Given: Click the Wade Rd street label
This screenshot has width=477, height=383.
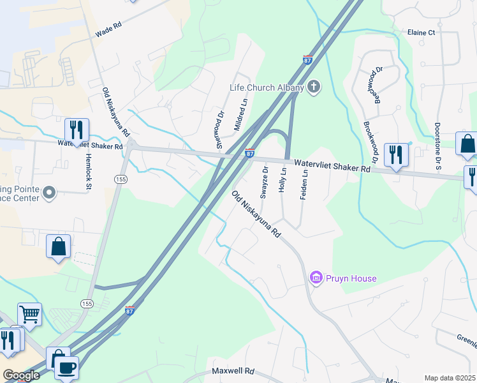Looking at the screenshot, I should click(108, 29).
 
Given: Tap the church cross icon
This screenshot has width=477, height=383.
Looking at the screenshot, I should click(313, 87).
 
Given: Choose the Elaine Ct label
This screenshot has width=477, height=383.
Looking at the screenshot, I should click(422, 32).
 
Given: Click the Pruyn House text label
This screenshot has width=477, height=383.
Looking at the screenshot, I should click(351, 278).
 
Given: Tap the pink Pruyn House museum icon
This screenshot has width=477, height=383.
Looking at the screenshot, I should click(315, 278).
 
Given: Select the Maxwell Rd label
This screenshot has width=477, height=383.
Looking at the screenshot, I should click(233, 371).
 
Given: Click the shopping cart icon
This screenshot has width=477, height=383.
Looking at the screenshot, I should click(29, 314).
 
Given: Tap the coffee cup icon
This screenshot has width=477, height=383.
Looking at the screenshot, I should click(66, 368).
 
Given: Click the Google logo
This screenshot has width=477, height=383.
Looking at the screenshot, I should click(21, 375).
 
